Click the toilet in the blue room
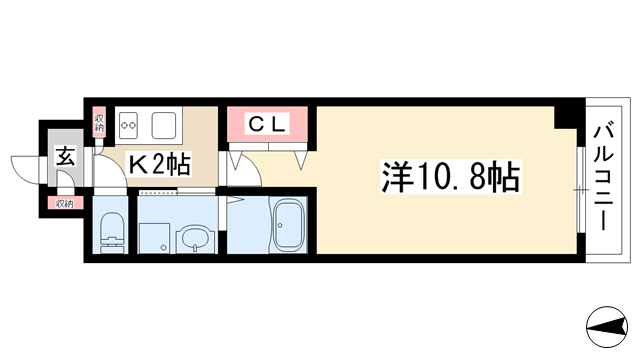tap(111, 231)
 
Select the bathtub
tap(290, 225)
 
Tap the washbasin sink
tap(195, 241)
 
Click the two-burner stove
tap(128, 125)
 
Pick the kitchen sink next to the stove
tap(164, 125)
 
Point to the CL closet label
tap(267, 124)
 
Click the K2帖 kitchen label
tap(160, 164)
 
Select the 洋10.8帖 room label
tap(451, 177)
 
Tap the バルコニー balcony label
tap(603, 178)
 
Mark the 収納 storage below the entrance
tap(64, 203)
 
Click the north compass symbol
tap(607, 327)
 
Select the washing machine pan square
tap(154, 238)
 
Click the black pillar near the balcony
tap(565, 116)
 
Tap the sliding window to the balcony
tap(581, 189)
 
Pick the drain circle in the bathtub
tap(280, 225)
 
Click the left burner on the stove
tap(124, 125)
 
